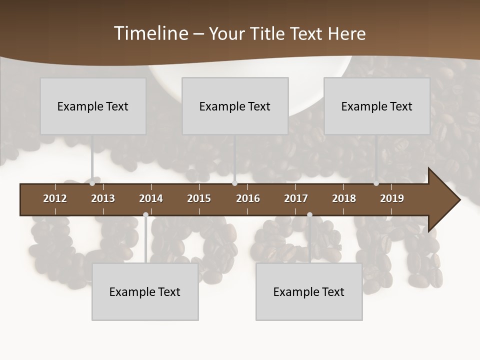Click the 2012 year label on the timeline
(55, 198)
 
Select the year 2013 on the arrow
(103, 198)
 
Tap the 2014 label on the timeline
(151, 198)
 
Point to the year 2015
(199, 198)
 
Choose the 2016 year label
(248, 198)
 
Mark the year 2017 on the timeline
(296, 198)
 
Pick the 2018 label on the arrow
(344, 198)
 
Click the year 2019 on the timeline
(392, 198)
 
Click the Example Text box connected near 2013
(93, 106)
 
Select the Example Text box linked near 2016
(235, 106)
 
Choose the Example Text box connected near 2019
(377, 106)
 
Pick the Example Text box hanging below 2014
(145, 291)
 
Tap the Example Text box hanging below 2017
(309, 291)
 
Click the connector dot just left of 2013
(92, 183)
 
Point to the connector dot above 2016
(234, 183)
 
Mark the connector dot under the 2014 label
(145, 215)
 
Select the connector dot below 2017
(309, 215)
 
